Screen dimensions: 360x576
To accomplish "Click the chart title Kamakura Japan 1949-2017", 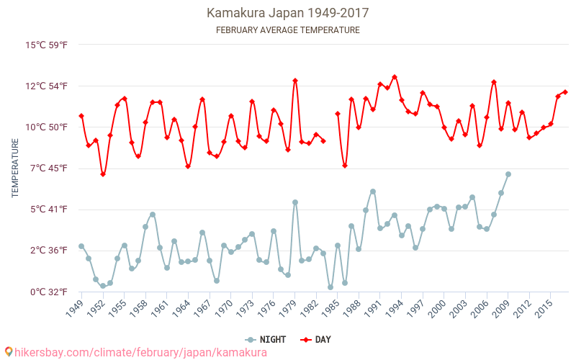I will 287,13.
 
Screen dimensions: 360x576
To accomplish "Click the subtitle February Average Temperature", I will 287,30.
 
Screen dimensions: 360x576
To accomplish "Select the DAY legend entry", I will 315,339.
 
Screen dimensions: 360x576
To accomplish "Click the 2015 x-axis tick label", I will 545,308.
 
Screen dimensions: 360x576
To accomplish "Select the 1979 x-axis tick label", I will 289,308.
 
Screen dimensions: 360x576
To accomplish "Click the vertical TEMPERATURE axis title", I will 15,168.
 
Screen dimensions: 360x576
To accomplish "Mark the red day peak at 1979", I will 295,81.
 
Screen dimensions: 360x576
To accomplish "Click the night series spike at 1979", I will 295,202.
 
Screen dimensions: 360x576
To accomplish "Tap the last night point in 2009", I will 508,174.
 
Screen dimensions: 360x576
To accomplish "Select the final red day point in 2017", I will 565,92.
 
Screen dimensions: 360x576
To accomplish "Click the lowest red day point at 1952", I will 103,174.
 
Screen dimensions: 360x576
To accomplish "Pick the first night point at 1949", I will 81,246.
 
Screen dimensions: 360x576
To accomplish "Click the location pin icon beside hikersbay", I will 8,351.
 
